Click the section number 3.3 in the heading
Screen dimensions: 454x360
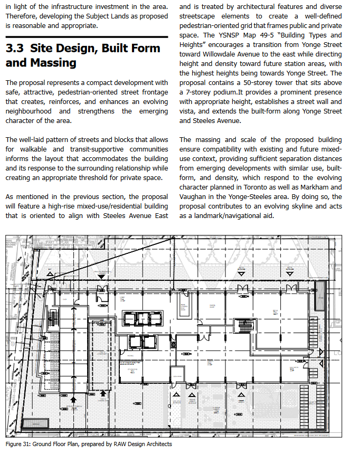tap(15, 48)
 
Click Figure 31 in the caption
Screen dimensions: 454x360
tap(17, 444)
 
